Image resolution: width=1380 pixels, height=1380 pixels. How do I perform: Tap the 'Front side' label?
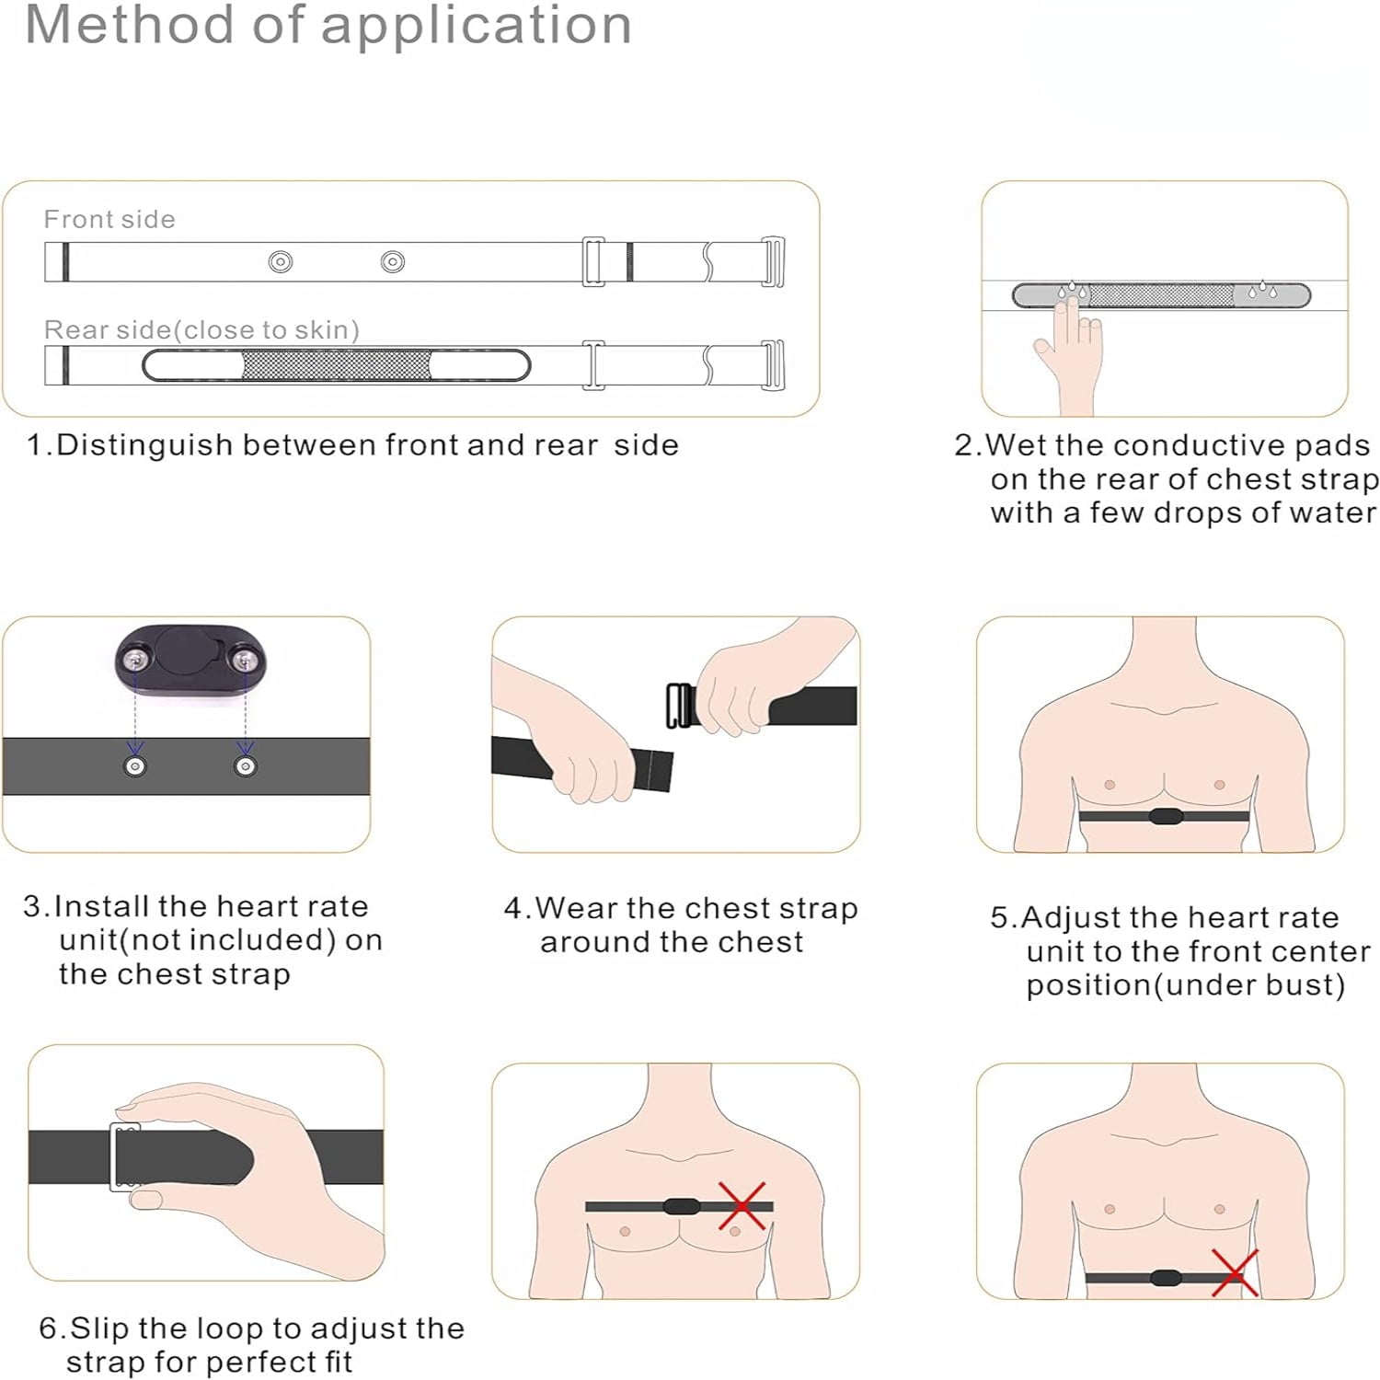pyautogui.click(x=109, y=219)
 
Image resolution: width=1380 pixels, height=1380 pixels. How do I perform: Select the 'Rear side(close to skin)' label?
pyautogui.click(x=201, y=329)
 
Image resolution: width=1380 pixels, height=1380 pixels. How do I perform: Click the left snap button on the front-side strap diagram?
pyautogui.click(x=281, y=262)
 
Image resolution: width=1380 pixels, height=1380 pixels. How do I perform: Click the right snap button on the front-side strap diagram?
pyautogui.click(x=393, y=262)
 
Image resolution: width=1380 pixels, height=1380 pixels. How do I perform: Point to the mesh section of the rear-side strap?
pyautogui.click(x=336, y=365)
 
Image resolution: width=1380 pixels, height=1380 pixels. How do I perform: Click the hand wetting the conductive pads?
pyautogui.click(x=1070, y=354)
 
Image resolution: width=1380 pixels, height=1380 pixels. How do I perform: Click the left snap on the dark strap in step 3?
pyautogui.click(x=135, y=766)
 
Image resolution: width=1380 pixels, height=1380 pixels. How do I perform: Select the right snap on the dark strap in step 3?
pyautogui.click(x=246, y=766)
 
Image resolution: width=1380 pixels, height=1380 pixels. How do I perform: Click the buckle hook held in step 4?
pyautogui.click(x=680, y=706)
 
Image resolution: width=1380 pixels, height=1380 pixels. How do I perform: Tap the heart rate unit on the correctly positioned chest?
pyautogui.click(x=1165, y=816)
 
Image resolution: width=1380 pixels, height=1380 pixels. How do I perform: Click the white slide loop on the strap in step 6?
pyautogui.click(x=125, y=1156)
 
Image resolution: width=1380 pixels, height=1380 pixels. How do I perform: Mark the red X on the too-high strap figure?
pyautogui.click(x=742, y=1206)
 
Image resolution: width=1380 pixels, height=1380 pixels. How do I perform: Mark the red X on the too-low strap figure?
pyautogui.click(x=1235, y=1273)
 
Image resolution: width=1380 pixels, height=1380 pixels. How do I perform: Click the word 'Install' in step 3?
pyautogui.click(x=102, y=906)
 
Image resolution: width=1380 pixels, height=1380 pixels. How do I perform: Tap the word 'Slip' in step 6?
pyautogui.click(x=100, y=1329)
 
